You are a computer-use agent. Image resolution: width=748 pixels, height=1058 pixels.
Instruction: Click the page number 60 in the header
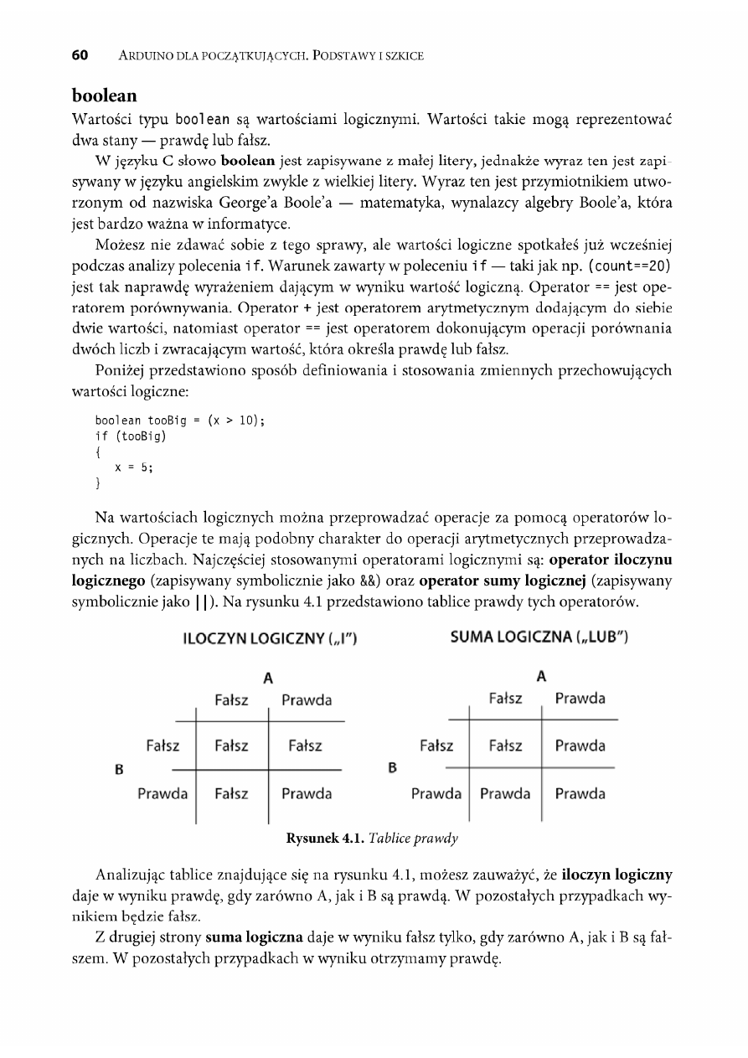coord(80,56)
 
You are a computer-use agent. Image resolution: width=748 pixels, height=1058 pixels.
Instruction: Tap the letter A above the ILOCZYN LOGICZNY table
coord(268,677)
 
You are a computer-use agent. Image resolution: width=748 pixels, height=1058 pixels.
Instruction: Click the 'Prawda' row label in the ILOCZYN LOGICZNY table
coord(162,793)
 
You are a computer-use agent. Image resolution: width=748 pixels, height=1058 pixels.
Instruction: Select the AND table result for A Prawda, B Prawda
coord(307,793)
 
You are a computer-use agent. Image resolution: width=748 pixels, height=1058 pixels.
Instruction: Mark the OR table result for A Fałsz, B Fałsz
coord(506,746)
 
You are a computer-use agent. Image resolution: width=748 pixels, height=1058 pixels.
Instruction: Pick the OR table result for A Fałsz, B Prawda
coord(505,793)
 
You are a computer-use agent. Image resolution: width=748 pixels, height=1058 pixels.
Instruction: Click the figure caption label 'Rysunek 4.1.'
coord(322,837)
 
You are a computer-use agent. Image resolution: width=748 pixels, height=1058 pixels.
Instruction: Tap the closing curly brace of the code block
coord(98,484)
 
